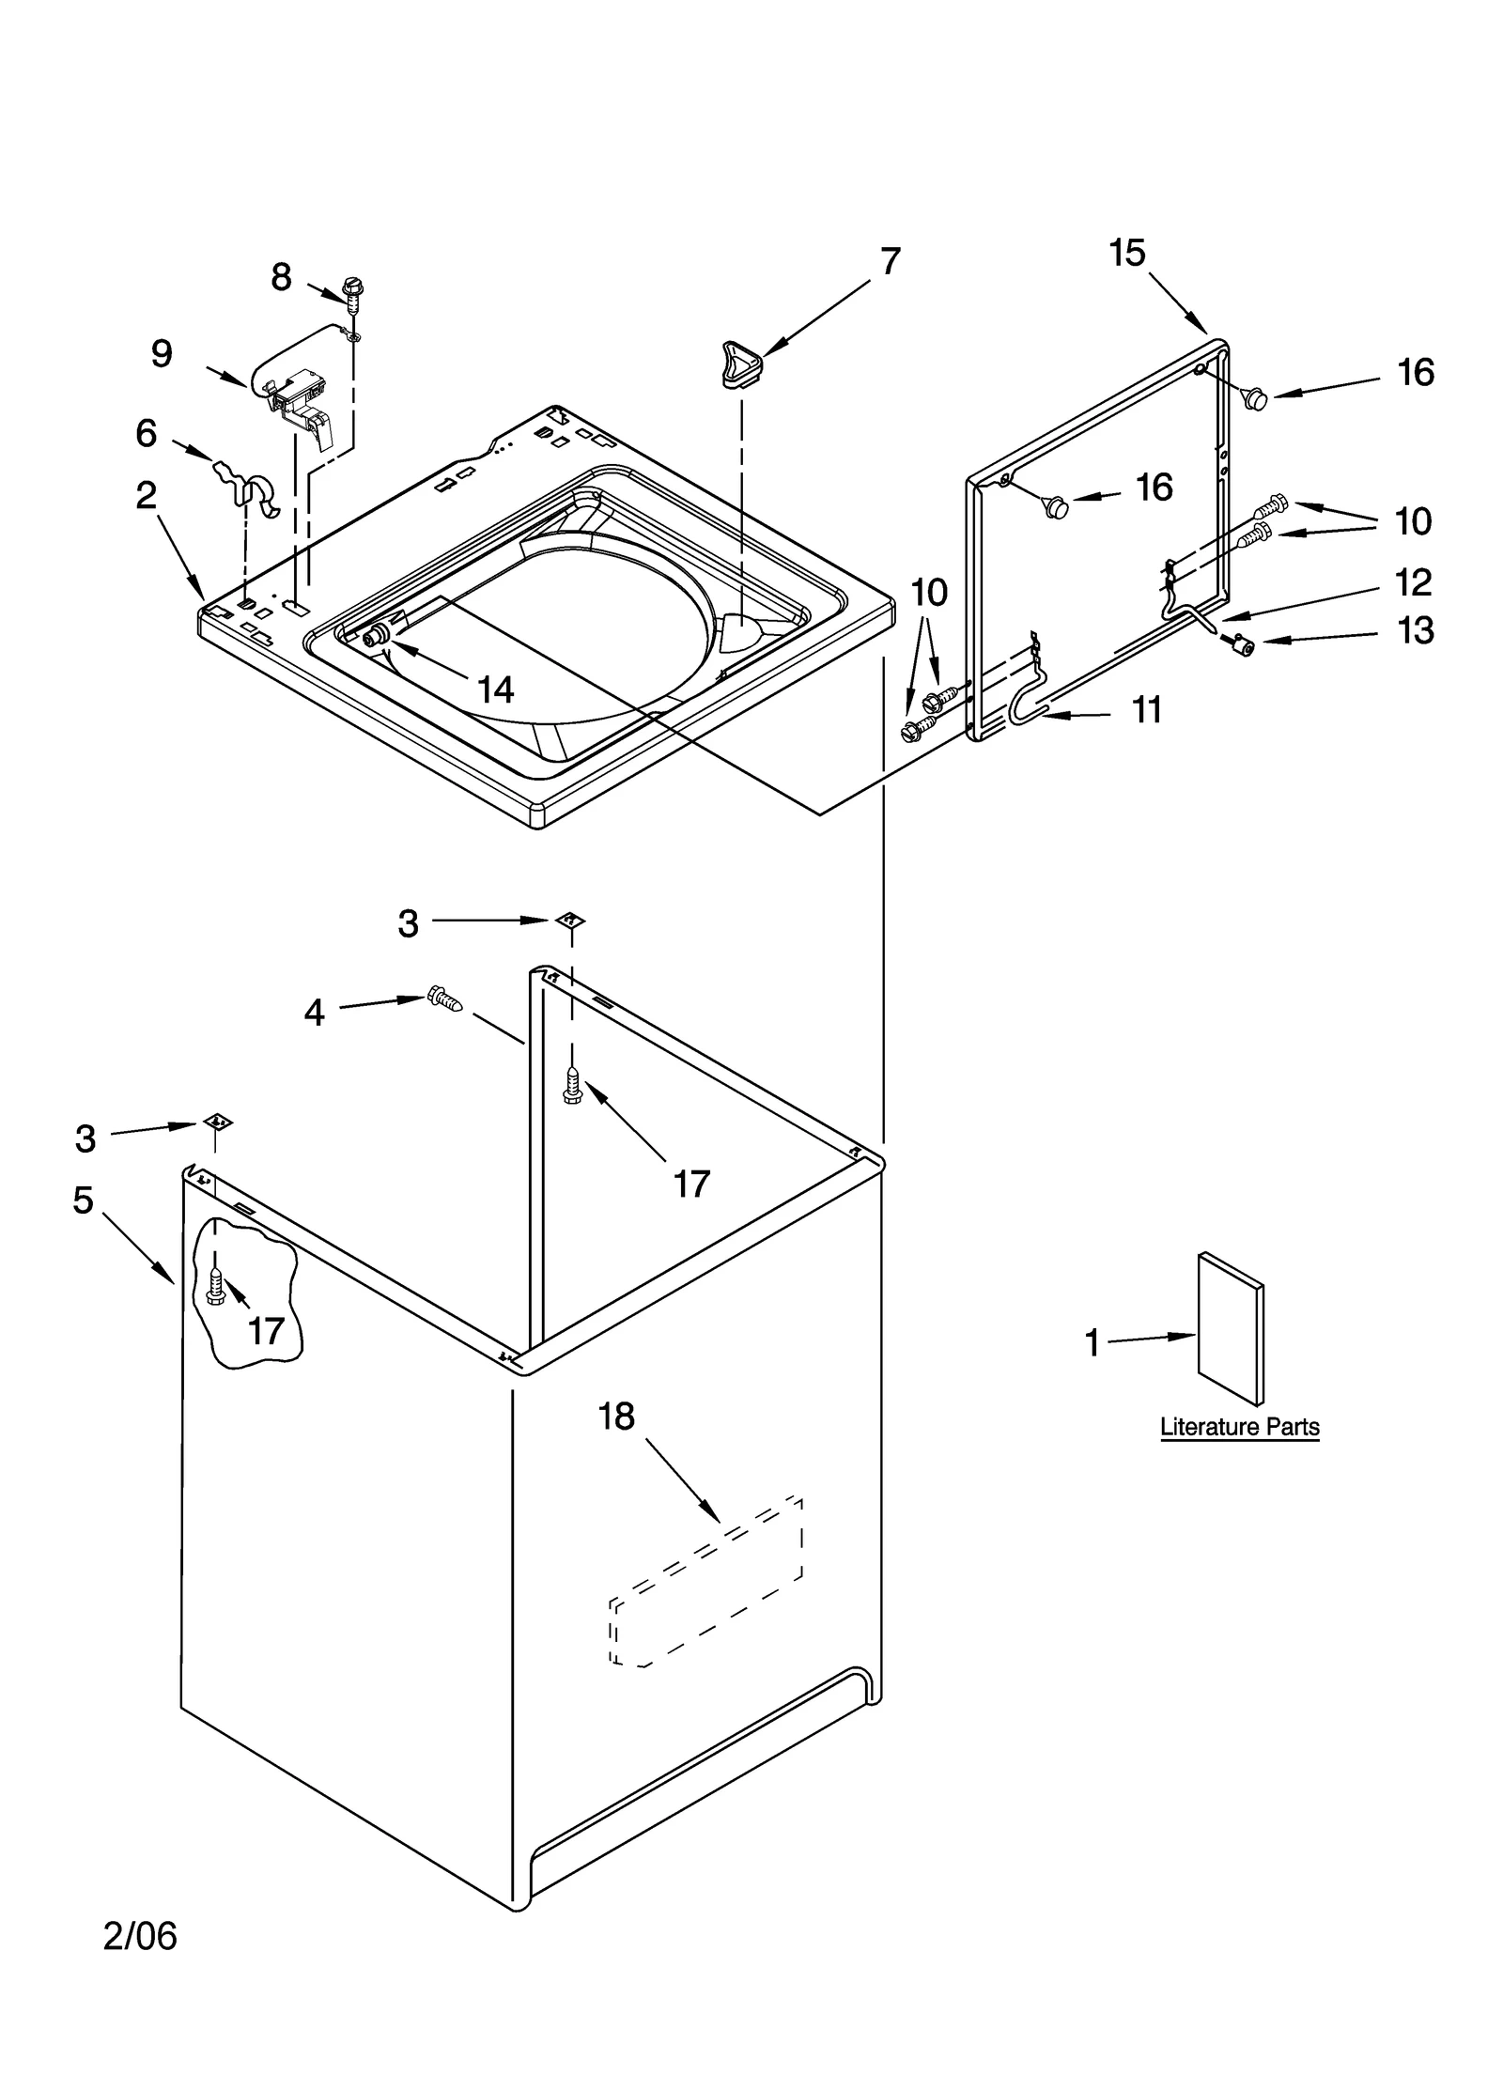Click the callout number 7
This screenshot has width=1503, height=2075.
[x=890, y=261]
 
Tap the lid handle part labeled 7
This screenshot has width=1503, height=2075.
[x=740, y=365]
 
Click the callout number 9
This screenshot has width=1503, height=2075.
[x=162, y=354]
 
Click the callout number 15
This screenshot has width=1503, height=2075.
[x=1127, y=253]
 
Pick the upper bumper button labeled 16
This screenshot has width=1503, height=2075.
[x=1255, y=398]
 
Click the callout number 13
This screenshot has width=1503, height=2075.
[x=1415, y=630]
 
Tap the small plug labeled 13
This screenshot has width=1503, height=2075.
[x=1246, y=644]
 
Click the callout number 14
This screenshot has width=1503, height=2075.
[x=495, y=690]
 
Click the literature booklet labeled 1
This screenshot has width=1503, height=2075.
[x=1230, y=1327]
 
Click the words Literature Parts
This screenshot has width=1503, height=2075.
[x=1239, y=1427]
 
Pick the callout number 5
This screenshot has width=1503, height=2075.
[x=84, y=1200]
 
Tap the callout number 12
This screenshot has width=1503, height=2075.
[x=1413, y=582]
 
